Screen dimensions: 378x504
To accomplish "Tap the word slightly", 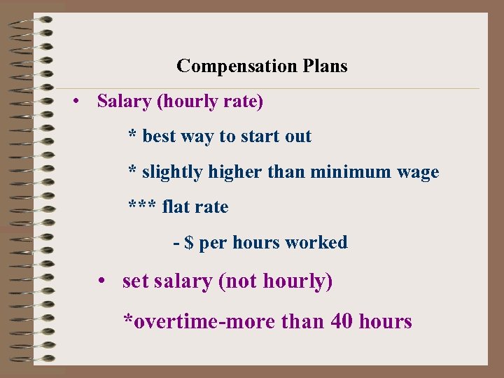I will pos(171,171).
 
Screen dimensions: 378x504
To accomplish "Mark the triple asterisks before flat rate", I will pos(142,206).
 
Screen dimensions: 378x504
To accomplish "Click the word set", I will pos(136,281).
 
